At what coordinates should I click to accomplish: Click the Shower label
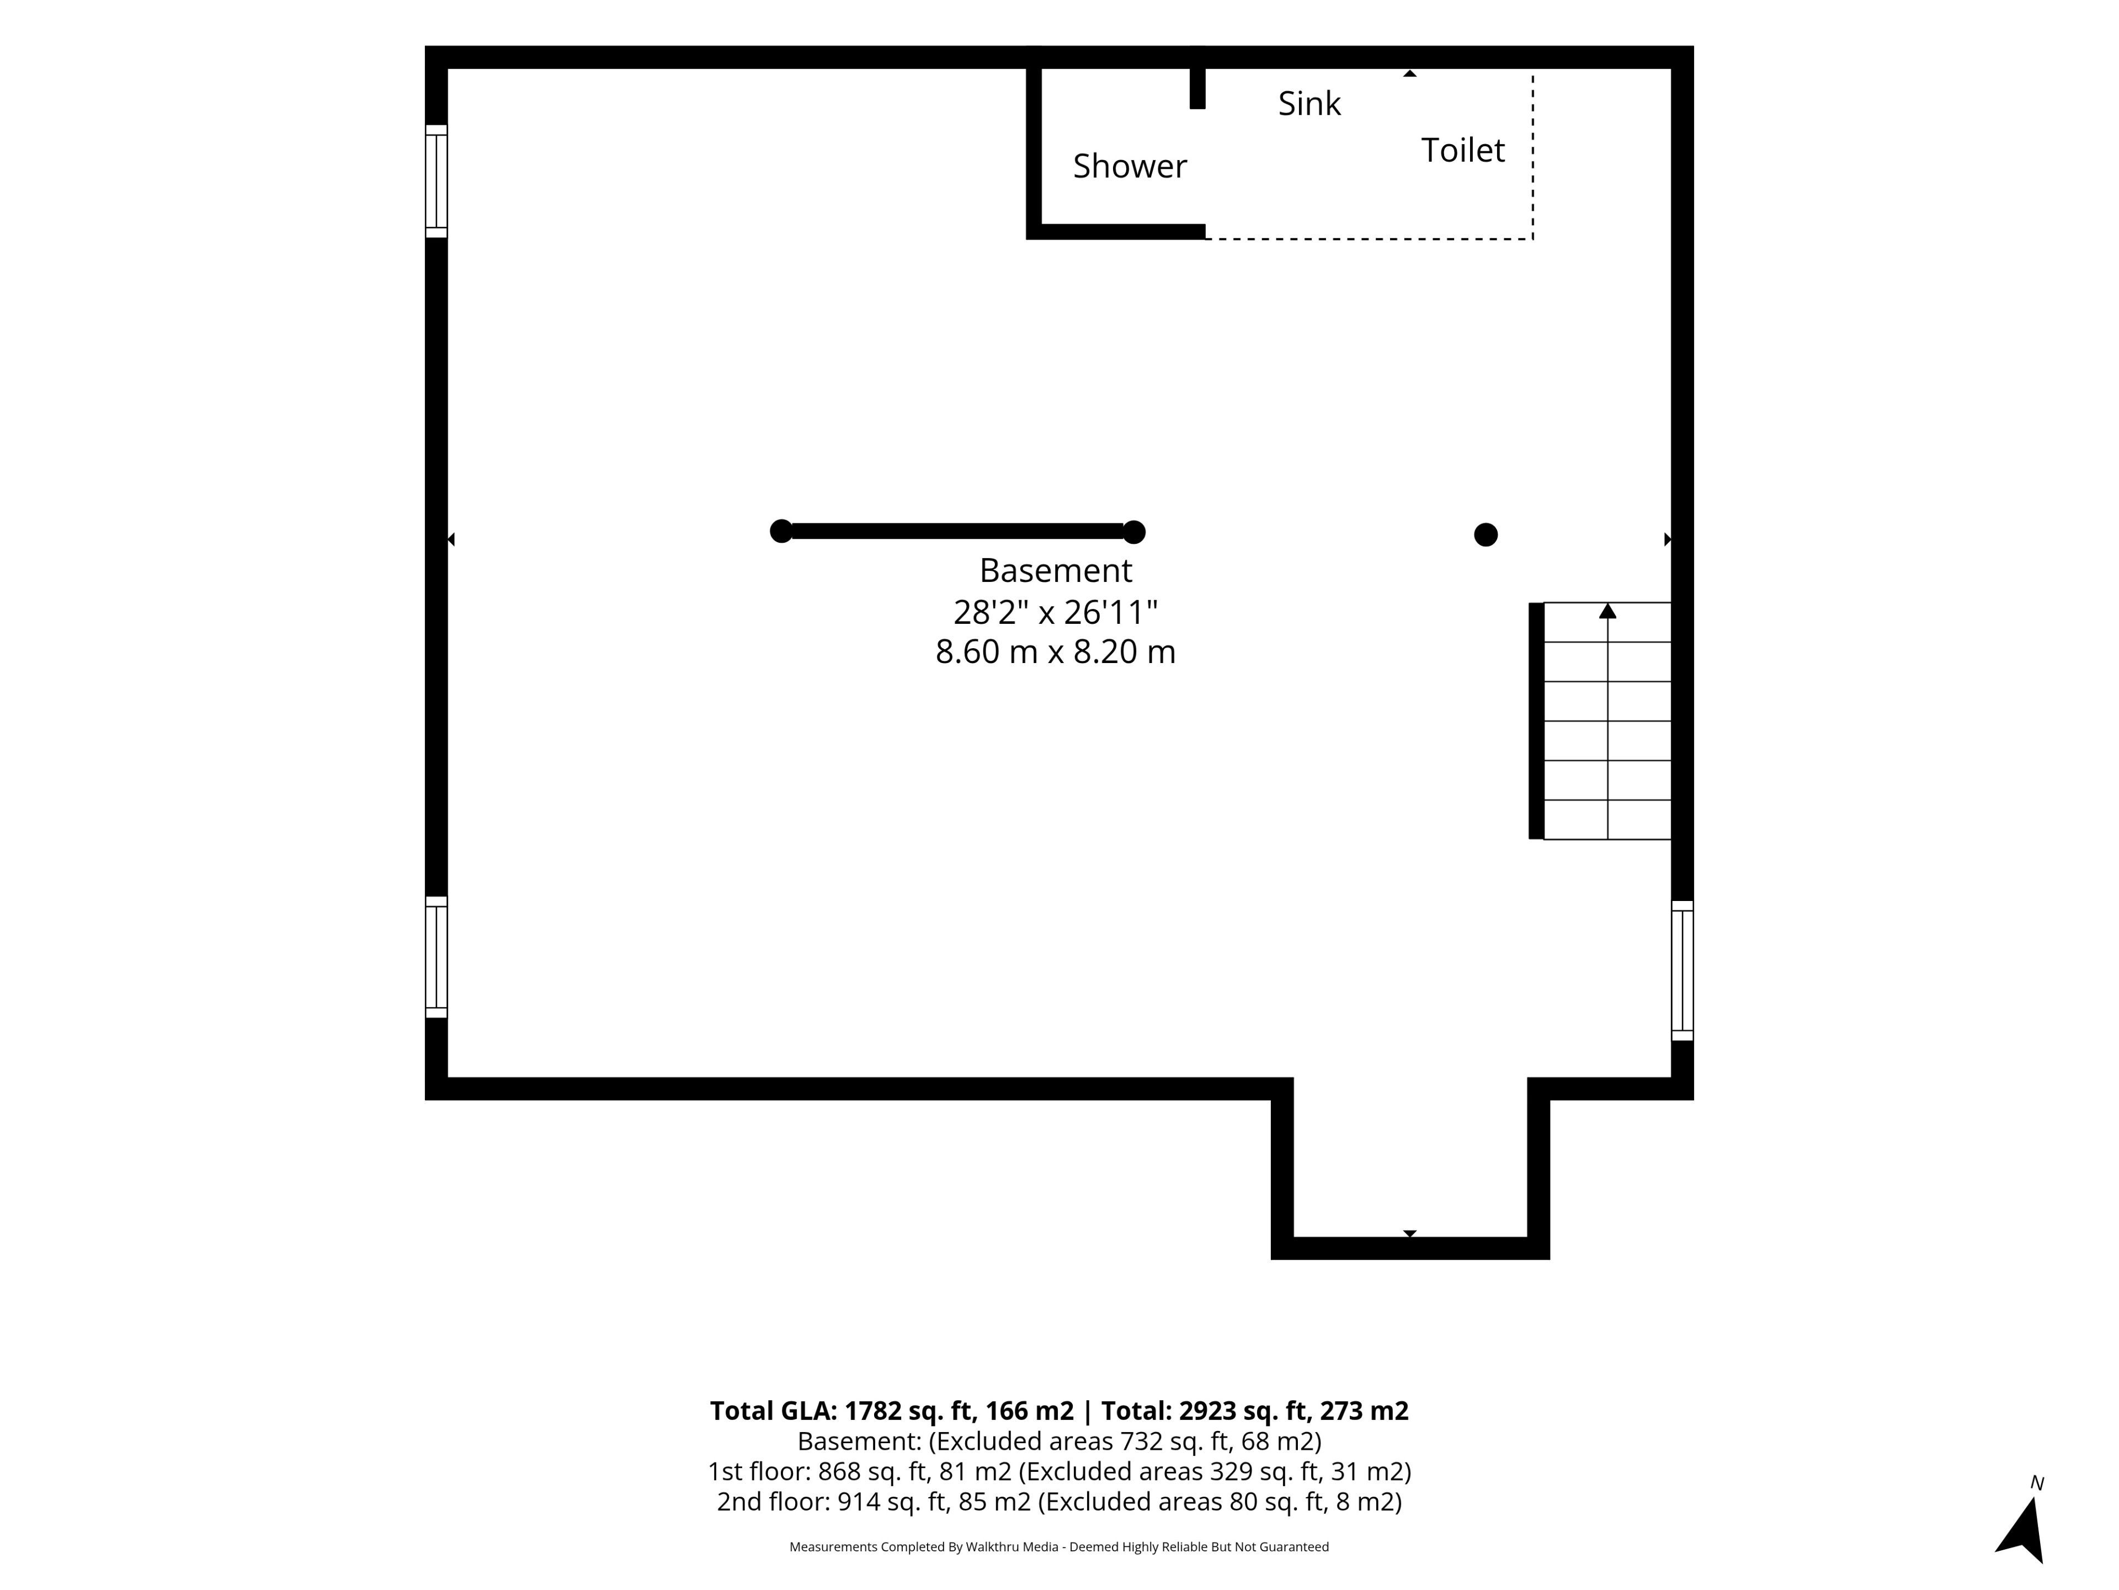tap(1130, 166)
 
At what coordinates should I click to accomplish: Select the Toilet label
tap(1463, 151)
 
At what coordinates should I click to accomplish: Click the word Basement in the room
tap(1056, 570)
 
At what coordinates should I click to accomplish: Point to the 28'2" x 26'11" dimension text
tap(1056, 612)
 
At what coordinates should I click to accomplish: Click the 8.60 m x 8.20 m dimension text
tap(1056, 651)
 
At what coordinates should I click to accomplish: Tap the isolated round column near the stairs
tap(1486, 535)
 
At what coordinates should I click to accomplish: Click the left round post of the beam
tap(782, 531)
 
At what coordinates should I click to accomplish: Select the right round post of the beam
tap(1134, 532)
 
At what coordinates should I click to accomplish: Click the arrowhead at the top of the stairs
tap(1607, 611)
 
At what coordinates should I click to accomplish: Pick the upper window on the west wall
tap(436, 181)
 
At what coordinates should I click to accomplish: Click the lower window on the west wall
tap(436, 957)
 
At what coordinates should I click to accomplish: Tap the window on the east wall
tap(1682, 970)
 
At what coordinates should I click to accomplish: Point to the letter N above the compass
tap(2037, 1483)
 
